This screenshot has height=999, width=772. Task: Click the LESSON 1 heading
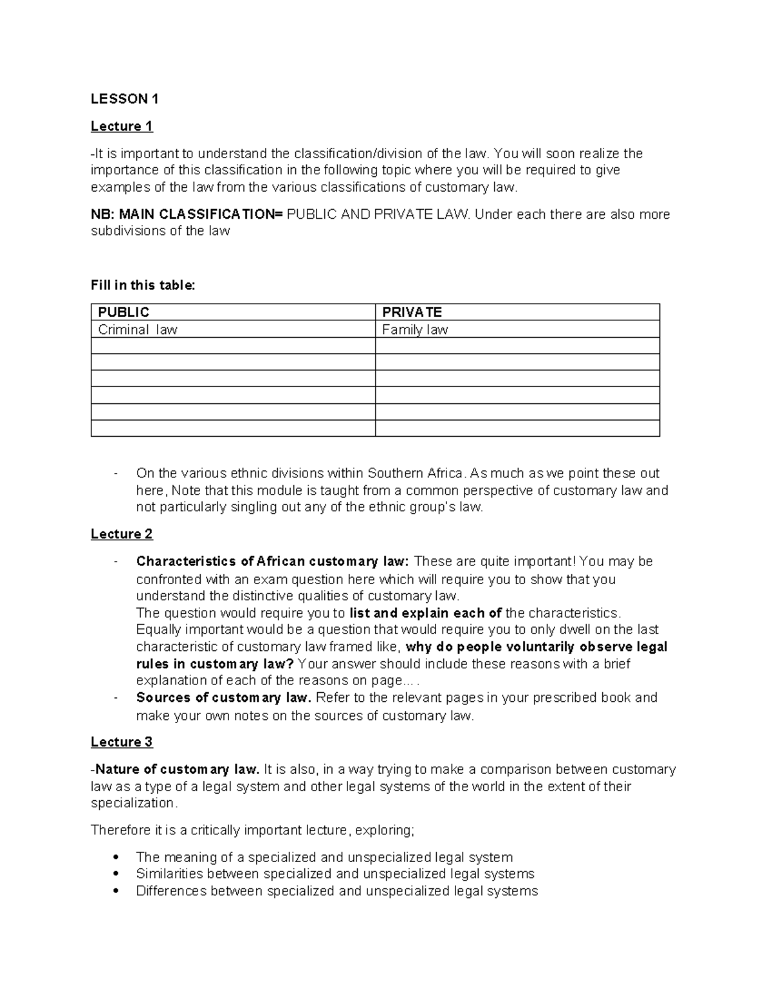click(x=124, y=98)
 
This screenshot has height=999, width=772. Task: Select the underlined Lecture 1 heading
click(x=122, y=126)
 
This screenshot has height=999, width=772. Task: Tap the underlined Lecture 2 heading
click(x=122, y=534)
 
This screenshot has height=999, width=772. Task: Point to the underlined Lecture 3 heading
click(x=122, y=742)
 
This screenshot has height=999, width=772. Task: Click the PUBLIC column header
click(x=124, y=312)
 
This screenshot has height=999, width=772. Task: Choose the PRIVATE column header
click(x=412, y=312)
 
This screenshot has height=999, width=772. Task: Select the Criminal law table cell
click(x=137, y=329)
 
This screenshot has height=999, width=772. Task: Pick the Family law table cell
click(x=415, y=329)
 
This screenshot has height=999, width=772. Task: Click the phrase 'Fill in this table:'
click(x=143, y=285)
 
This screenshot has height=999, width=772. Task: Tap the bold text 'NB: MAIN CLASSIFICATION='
click(x=187, y=214)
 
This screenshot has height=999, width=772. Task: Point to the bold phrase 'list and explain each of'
click(x=425, y=612)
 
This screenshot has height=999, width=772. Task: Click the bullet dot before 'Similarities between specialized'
click(x=116, y=874)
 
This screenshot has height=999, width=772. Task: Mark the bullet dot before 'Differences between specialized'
click(x=116, y=891)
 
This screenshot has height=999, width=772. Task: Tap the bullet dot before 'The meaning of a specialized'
click(x=116, y=857)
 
